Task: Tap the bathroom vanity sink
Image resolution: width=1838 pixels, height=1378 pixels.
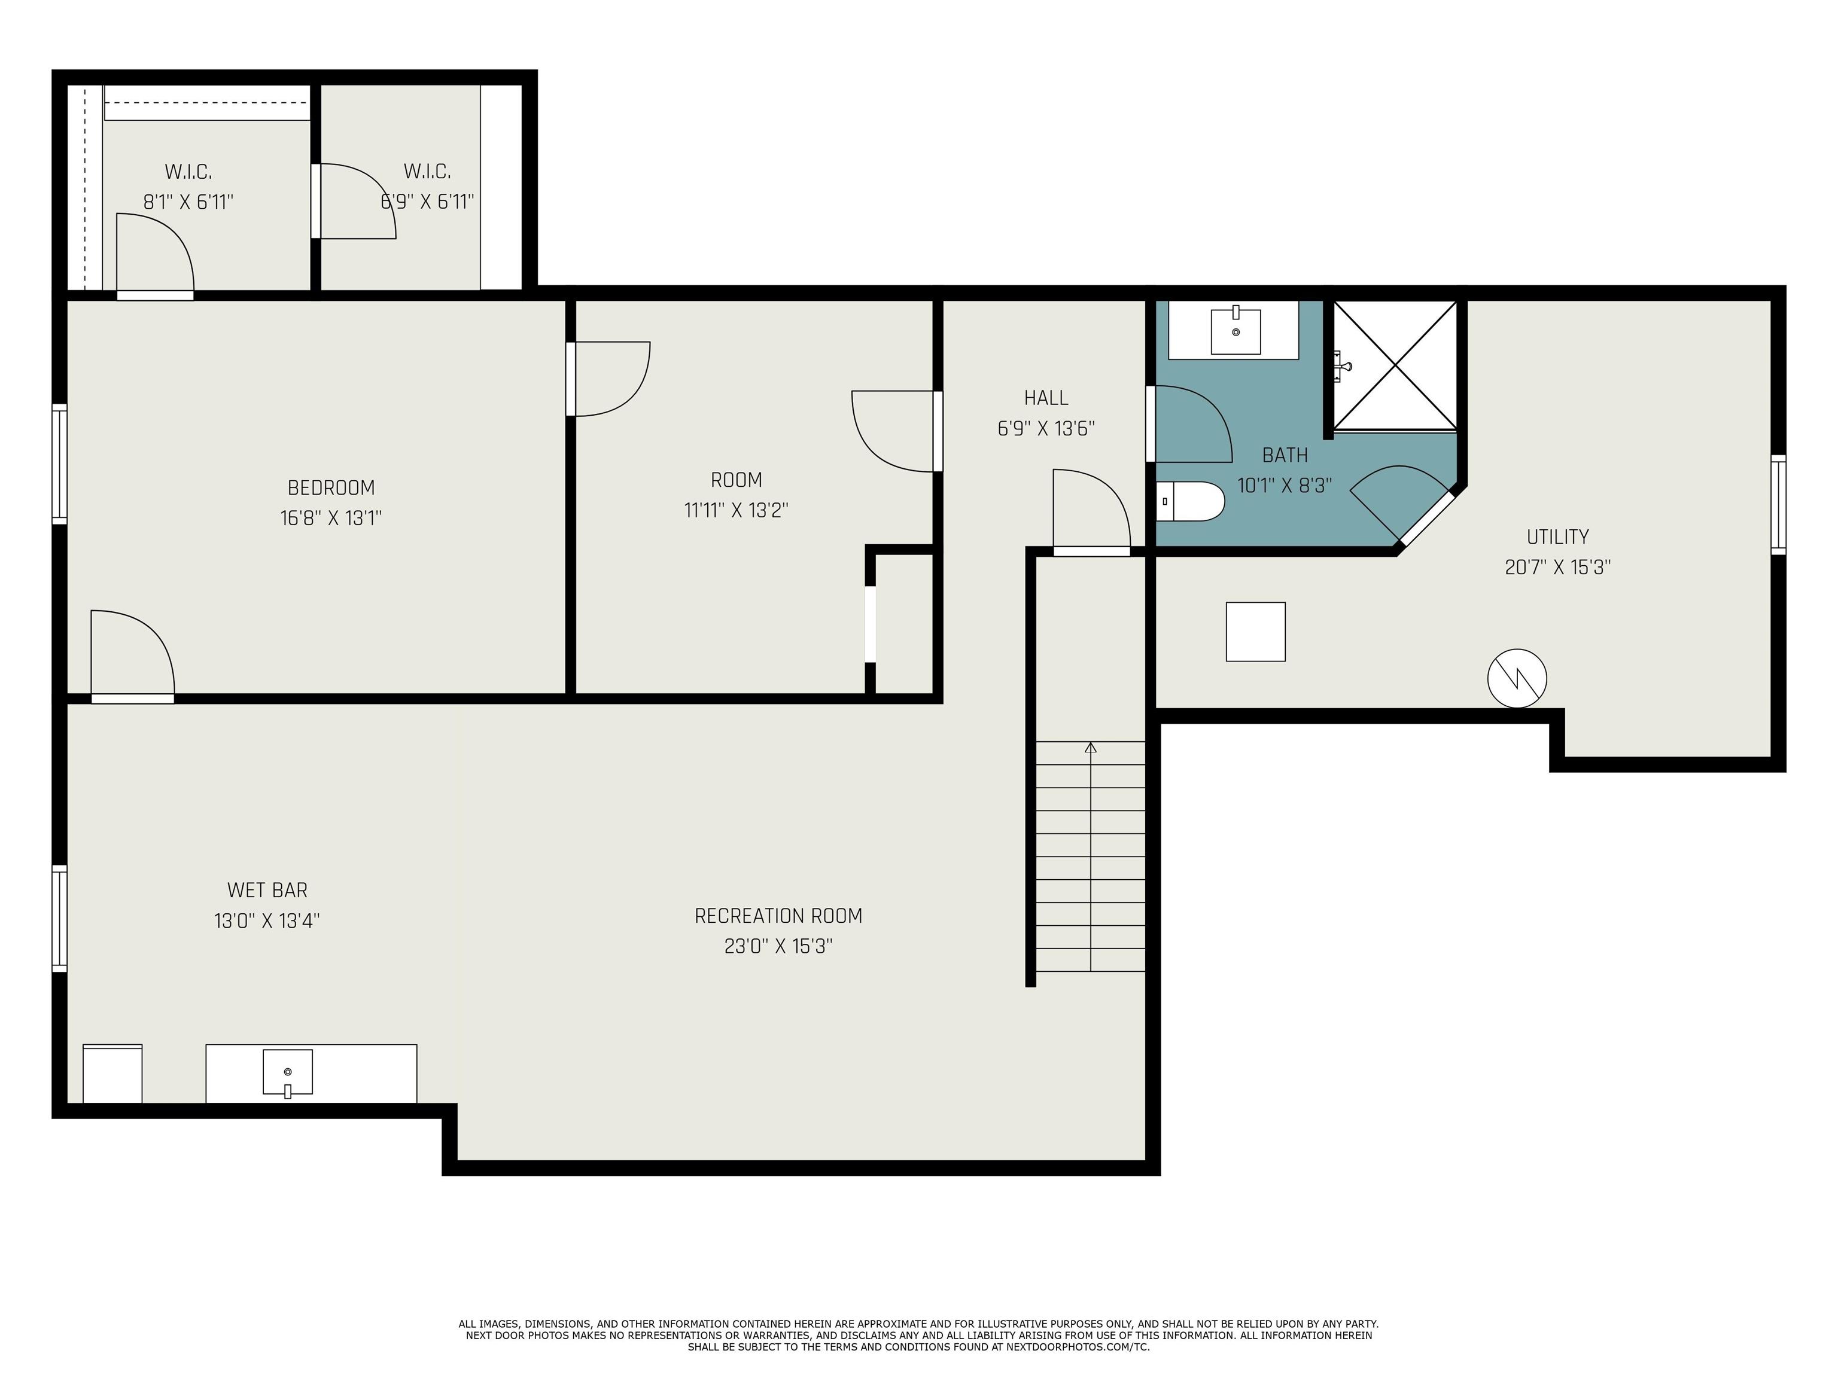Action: pos(1236,331)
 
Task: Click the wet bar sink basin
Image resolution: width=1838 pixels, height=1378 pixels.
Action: pos(288,1072)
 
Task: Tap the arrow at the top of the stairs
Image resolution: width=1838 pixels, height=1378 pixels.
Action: pos(1091,748)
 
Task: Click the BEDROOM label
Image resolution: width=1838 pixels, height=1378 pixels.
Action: pos(331,487)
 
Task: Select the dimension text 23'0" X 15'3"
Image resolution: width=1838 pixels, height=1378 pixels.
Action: pos(778,946)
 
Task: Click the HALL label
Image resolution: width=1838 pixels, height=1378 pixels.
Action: pos(1046,398)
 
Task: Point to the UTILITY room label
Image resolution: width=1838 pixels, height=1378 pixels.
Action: pos(1557,536)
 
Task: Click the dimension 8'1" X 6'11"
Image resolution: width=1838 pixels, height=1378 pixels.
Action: pos(188,202)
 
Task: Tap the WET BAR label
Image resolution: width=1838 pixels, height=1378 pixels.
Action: pos(267,889)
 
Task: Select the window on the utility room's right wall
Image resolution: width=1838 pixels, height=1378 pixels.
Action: pos(1778,504)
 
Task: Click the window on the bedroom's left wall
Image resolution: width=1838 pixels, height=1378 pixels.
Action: pos(59,464)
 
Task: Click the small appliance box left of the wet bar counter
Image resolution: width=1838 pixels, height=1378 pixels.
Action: pos(113,1074)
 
